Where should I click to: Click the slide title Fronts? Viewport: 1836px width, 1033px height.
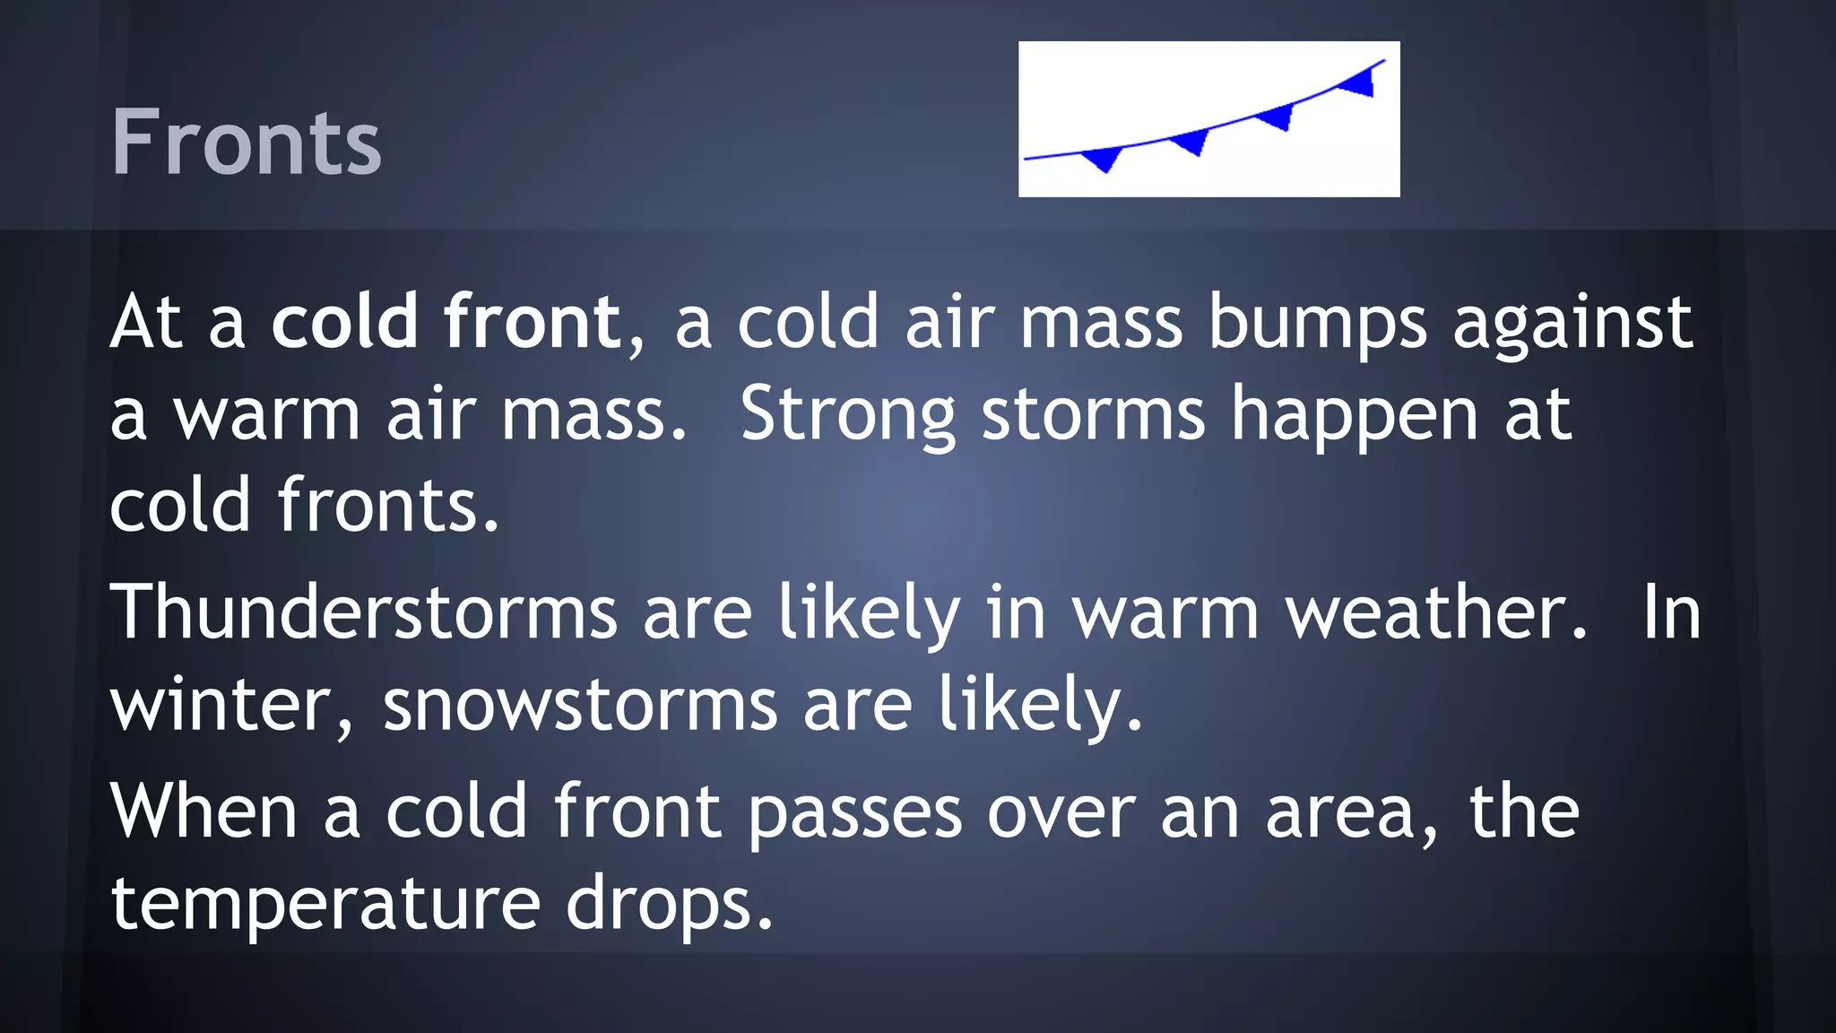247,142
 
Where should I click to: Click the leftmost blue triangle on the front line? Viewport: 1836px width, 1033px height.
1103,160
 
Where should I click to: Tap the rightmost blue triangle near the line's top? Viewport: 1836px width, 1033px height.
1358,82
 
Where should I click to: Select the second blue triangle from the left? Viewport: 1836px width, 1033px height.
1191,142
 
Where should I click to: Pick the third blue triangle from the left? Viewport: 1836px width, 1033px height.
1277,117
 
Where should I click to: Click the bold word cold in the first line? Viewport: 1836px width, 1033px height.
345,321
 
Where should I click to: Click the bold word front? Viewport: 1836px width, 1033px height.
533,321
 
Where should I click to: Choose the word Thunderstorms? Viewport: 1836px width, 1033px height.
364,612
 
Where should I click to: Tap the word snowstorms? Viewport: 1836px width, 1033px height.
581,705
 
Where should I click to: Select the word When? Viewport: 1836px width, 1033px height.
204,811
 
